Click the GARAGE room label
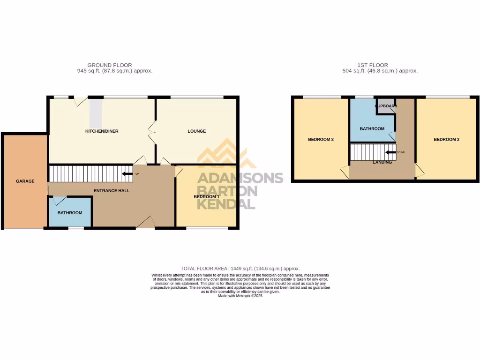pyautogui.click(x=25, y=181)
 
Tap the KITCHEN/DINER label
pyautogui.click(x=102, y=131)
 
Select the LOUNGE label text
pyautogui.click(x=197, y=131)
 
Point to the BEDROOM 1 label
pyautogui.click(x=207, y=197)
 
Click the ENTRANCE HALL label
pyautogui.click(x=112, y=191)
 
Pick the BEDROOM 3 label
pyautogui.click(x=321, y=140)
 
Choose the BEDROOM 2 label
pyautogui.click(x=446, y=140)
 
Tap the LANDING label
pyautogui.click(x=382, y=163)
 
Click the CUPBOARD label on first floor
pyautogui.click(x=386, y=106)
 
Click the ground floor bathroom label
pyautogui.click(x=70, y=213)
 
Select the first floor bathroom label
pyautogui.click(x=372, y=129)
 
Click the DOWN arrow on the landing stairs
pyautogui.click(x=390, y=152)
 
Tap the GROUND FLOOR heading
pyautogui.click(x=110, y=65)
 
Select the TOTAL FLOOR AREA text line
pyautogui.click(x=240, y=268)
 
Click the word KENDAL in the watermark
pyautogui.click(x=226, y=204)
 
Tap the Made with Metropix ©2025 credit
pyautogui.click(x=240, y=296)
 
